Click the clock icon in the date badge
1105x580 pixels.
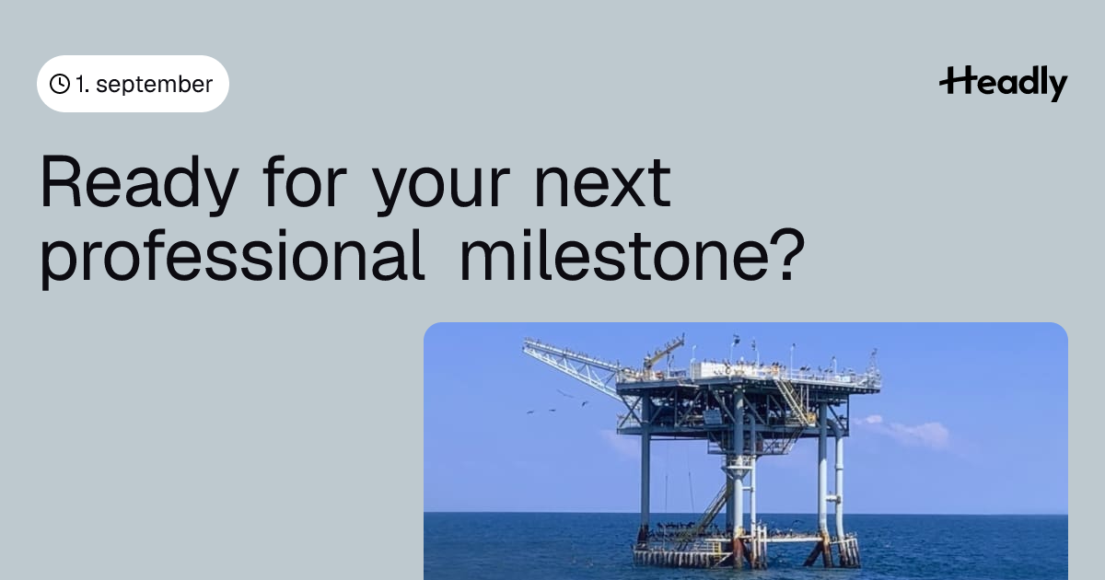point(60,84)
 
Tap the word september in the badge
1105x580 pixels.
point(155,85)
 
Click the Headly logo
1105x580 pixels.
point(1004,84)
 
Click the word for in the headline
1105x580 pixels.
point(305,181)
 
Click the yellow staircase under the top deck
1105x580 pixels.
point(793,402)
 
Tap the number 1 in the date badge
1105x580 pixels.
point(80,85)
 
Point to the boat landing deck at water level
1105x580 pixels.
point(745,550)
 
